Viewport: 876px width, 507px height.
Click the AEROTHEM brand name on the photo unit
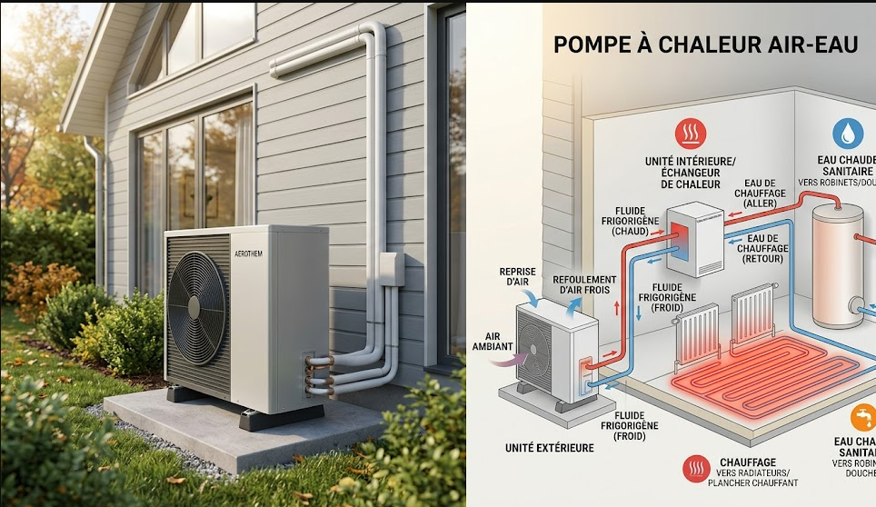(247, 253)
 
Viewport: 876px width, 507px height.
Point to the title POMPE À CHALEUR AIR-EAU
(705, 45)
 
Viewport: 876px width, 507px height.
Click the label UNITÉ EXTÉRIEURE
(550, 448)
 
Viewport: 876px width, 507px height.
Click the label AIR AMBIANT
(493, 341)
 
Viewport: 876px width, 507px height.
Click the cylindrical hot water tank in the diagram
(840, 264)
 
